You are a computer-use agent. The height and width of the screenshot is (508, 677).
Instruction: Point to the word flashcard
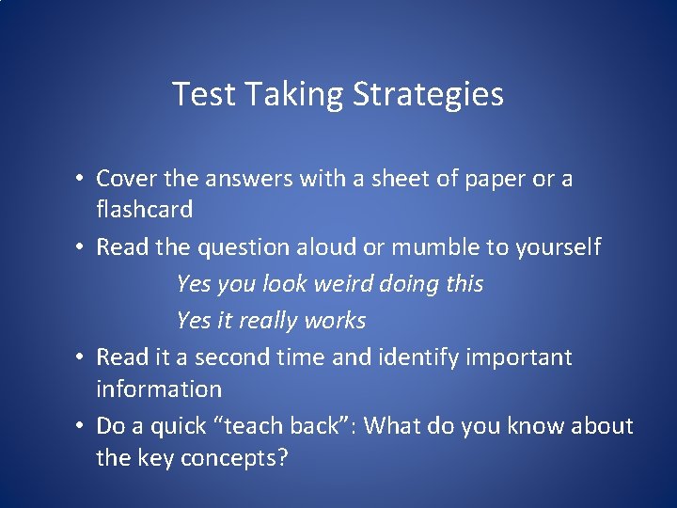coord(144,210)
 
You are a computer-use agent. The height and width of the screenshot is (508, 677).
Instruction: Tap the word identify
coord(415,357)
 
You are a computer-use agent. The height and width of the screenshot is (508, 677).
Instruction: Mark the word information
coord(159,389)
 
